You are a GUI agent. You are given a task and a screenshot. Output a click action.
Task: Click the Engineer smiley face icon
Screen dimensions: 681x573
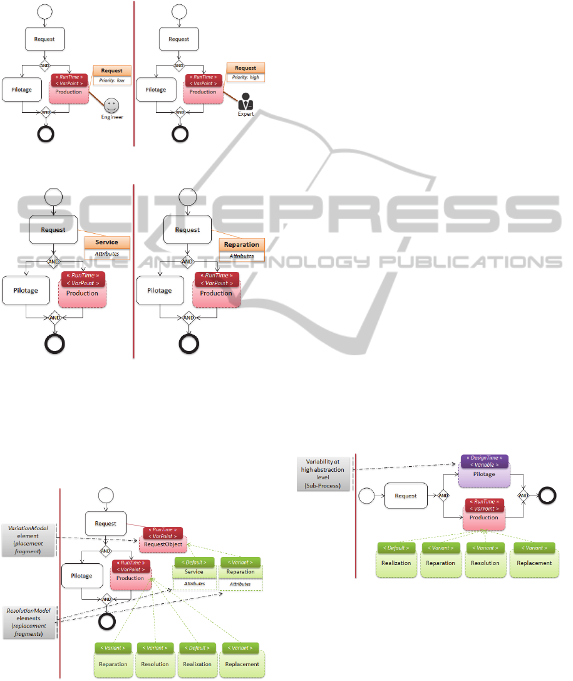pyautogui.click(x=111, y=105)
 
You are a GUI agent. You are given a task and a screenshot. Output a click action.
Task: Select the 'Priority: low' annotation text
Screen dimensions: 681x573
pyautogui.click(x=112, y=81)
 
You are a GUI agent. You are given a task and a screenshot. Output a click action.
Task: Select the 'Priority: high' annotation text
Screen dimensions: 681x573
pyautogui.click(x=245, y=78)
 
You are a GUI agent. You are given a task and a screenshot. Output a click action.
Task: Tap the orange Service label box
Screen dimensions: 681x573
pyautogui.click(x=106, y=242)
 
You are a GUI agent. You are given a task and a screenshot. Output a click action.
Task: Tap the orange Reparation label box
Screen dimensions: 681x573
pyautogui.click(x=241, y=245)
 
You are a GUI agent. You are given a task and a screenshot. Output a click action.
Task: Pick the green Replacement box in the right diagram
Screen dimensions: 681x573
pyautogui.click(x=534, y=563)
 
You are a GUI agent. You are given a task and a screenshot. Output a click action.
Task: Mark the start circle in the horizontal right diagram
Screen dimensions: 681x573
pyautogui.click(x=367, y=496)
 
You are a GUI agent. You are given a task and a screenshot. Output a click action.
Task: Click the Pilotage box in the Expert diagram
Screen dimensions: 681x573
pyautogui.click(x=156, y=90)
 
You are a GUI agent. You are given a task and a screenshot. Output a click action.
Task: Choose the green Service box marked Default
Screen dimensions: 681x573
pyautogui.click(x=194, y=571)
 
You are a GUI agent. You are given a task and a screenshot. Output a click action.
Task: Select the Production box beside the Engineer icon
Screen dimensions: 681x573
pyautogui.click(x=69, y=91)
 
